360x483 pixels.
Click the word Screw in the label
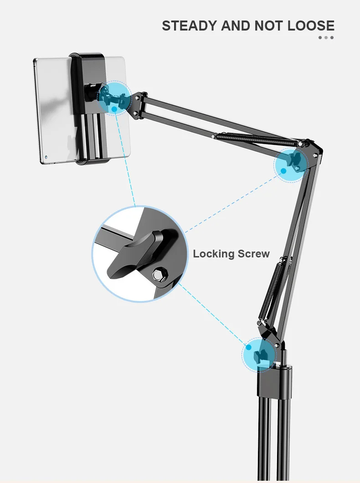[x=253, y=254]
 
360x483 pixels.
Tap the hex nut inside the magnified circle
[x=159, y=275]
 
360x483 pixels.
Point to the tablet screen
[x=52, y=109]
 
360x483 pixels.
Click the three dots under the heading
[x=326, y=37]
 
